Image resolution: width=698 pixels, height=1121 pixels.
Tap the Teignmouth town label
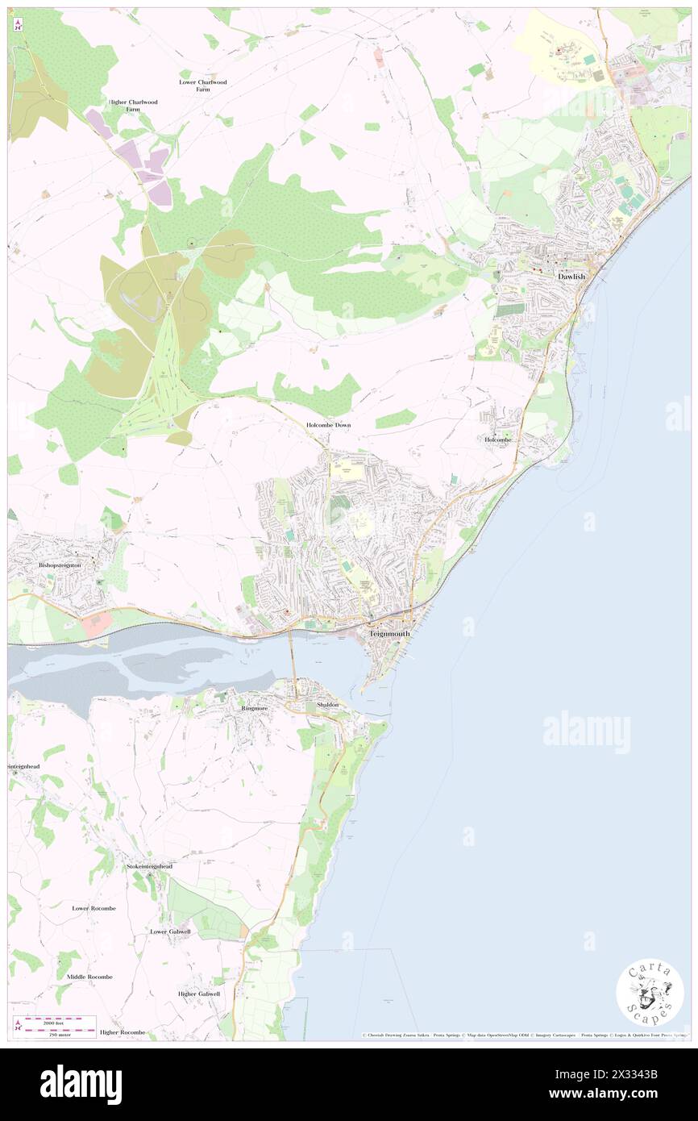point(389,634)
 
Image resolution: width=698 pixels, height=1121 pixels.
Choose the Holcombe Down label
point(328,424)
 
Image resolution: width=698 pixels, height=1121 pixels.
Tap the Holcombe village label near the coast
point(498,440)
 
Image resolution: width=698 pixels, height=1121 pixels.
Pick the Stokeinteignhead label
point(149,866)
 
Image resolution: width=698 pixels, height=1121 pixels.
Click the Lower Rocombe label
point(93,908)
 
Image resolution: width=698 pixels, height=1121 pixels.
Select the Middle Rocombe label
point(89,977)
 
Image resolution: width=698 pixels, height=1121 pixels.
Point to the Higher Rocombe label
point(123,1032)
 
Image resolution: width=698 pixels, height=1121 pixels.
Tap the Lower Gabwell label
point(171,931)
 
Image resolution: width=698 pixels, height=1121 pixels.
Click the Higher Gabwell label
point(199,994)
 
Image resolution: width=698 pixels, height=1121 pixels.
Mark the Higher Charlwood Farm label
point(133,106)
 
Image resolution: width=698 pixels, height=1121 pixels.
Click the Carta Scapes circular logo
point(650,991)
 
